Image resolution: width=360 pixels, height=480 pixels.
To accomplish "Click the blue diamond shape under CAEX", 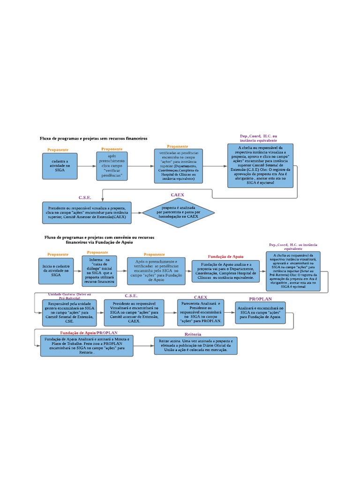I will (x=179, y=213).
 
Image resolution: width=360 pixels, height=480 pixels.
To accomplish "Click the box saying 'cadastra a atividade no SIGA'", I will (x=60, y=165).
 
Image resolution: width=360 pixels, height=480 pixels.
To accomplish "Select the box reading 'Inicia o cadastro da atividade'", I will (x=56, y=271).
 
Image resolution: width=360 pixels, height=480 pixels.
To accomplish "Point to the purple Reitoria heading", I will (x=193, y=334).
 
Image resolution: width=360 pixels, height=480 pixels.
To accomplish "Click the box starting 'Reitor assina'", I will (x=195, y=345).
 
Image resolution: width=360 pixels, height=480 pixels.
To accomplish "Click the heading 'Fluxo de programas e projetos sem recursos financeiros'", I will (x=93, y=139).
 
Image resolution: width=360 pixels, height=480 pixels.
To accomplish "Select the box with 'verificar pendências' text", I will (x=112, y=166).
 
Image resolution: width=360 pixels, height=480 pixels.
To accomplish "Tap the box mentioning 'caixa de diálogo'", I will (x=99, y=270).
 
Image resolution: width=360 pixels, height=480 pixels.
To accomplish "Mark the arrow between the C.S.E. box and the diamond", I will (x=137, y=213).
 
